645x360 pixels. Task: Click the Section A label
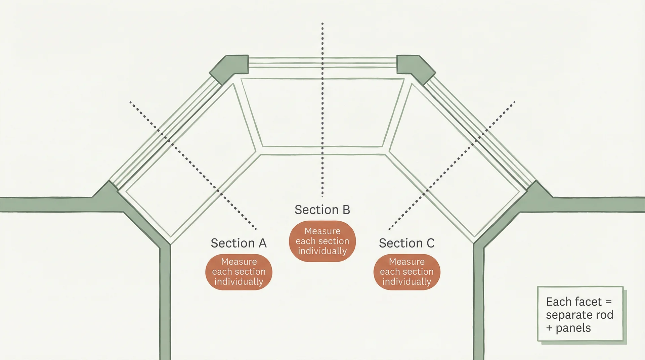[x=239, y=243]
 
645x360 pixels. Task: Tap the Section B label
[x=322, y=210]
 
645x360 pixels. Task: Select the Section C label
[x=406, y=243]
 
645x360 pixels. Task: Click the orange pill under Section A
[x=239, y=272]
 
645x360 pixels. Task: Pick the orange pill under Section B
[x=322, y=241]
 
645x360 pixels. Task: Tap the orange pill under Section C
[x=406, y=272]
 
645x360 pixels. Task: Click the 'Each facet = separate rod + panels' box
[x=580, y=314]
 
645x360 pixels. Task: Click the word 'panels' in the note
[x=573, y=328]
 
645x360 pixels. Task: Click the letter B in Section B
[x=346, y=210]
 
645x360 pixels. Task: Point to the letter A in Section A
[x=262, y=243]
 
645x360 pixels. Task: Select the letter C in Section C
[x=430, y=243]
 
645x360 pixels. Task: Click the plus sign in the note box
[x=549, y=328]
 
